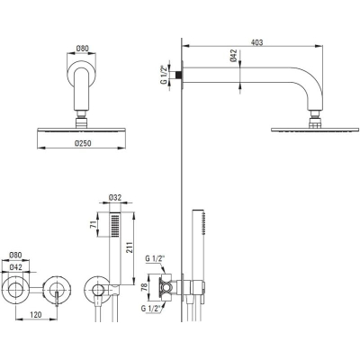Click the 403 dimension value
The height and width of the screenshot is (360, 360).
point(256,42)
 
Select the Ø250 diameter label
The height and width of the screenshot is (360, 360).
point(83,143)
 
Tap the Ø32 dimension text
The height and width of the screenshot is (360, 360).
point(115,197)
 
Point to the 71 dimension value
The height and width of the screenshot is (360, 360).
point(94,224)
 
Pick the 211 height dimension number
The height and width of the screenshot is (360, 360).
point(130,247)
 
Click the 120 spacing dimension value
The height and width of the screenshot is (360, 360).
point(36,314)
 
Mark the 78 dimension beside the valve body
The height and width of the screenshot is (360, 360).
point(145,287)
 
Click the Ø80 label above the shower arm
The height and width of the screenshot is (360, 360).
point(83,49)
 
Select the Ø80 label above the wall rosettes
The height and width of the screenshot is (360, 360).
point(15,256)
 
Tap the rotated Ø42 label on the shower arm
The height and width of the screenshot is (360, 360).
point(234,56)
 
